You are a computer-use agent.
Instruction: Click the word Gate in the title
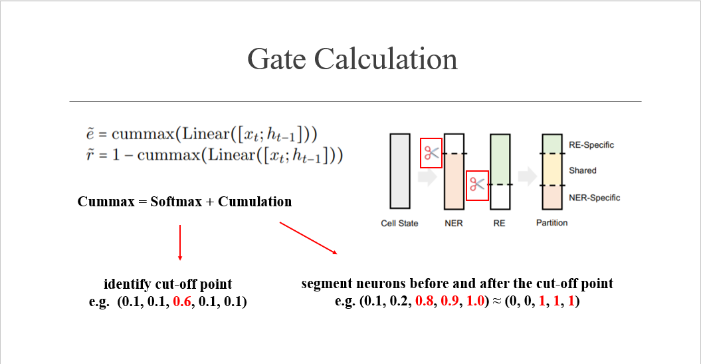click(277, 59)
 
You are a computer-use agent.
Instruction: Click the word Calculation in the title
click(386, 59)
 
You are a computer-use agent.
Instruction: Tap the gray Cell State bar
click(399, 171)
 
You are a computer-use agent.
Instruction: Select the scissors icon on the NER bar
click(431, 153)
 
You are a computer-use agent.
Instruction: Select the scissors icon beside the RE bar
click(477, 185)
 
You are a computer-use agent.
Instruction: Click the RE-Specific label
click(591, 145)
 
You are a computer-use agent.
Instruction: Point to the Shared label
click(582, 171)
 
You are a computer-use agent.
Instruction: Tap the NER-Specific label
click(594, 198)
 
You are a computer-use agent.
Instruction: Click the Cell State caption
click(399, 224)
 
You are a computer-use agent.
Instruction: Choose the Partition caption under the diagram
click(551, 223)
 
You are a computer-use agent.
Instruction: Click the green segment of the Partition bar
click(552, 144)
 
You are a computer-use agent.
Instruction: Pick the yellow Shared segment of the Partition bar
click(552, 170)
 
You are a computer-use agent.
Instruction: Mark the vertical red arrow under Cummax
click(180, 242)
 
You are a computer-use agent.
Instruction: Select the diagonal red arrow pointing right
click(308, 238)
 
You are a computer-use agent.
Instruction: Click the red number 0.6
click(182, 301)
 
